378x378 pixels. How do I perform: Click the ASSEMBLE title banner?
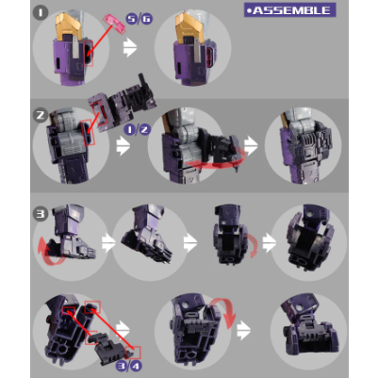pos(289,10)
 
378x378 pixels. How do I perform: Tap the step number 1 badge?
pos(41,13)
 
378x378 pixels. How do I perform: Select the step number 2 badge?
pos(41,115)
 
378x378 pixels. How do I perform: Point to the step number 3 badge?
pos(41,214)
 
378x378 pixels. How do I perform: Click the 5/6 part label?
pos(139,19)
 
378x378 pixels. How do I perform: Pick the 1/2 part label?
pos(137,129)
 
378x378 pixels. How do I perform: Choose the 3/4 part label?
pos(129,366)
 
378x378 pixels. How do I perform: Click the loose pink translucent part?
pos(114,24)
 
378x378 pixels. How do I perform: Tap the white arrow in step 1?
pos(130,48)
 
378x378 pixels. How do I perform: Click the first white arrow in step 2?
pos(123,146)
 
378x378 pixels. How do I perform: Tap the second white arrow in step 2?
pos(252,145)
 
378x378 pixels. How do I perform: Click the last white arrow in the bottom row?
pos(243,330)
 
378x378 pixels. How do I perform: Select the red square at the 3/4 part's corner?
pos(133,353)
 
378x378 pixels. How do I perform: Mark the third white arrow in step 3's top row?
pos(270,243)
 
